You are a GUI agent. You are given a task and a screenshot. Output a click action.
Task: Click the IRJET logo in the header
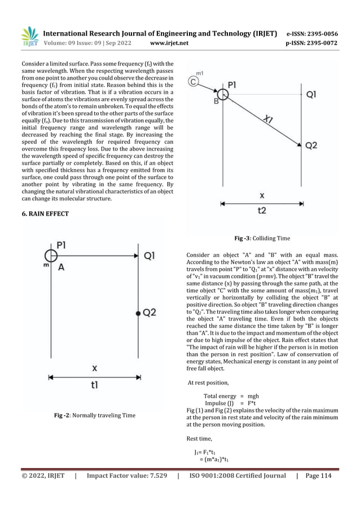pos(29,37)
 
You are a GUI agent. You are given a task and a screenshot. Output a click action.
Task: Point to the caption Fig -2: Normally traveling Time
pos(94,415)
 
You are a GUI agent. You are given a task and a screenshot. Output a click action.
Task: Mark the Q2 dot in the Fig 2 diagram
pos(138,312)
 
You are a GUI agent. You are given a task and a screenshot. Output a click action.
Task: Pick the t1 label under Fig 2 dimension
pos(94,385)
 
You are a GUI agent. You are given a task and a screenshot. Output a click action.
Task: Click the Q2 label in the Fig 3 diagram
pos(311,146)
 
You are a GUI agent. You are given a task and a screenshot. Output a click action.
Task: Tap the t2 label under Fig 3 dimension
pos(261,209)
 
